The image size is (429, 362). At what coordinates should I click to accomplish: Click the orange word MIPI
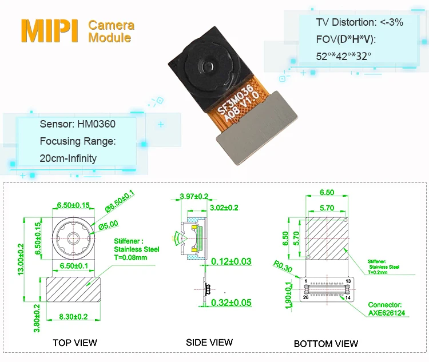pos(50,31)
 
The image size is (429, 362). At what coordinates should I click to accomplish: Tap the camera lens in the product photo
pos(209,66)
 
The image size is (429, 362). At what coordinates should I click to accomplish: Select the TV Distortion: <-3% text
pos(359,23)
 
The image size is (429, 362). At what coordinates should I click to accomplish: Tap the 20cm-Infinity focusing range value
pos(68,158)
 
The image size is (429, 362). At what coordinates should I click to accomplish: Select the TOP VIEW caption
pos(75,343)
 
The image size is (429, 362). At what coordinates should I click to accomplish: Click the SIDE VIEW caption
pos(209,342)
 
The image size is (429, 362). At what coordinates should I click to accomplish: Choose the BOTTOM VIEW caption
pos(326,344)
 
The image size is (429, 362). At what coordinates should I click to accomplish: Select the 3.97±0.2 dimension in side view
pos(194,196)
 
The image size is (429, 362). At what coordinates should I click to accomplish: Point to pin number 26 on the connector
pos(306,297)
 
